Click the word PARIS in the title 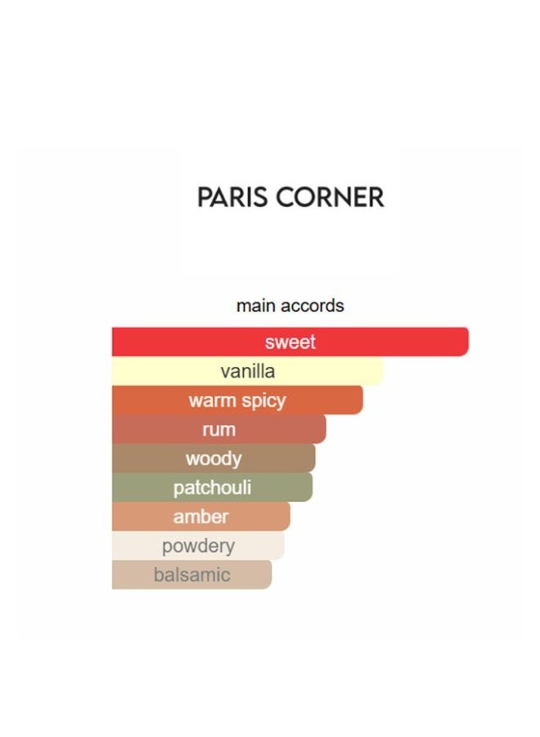(x=233, y=197)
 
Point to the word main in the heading (x=253, y=305)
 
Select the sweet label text (x=290, y=341)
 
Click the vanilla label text (x=248, y=371)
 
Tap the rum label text (x=218, y=429)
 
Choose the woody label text (x=214, y=459)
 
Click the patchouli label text (x=212, y=488)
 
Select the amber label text (x=200, y=517)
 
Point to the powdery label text (x=198, y=545)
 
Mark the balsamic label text (x=191, y=575)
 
